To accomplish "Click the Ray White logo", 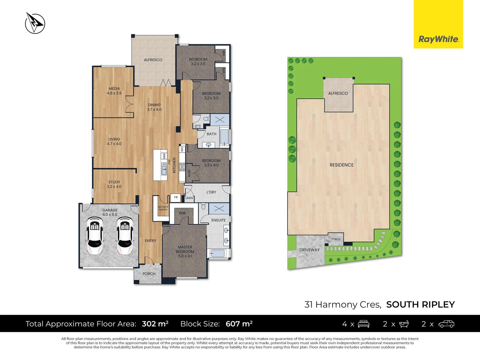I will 438,39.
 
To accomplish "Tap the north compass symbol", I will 35,23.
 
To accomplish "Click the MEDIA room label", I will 114,89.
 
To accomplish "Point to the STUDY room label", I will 114,182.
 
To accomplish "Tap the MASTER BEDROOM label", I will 185,249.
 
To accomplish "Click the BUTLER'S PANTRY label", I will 163,208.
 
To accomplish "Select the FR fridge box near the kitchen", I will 176,197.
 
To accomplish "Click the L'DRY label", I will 211,192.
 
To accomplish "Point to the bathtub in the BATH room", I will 224,137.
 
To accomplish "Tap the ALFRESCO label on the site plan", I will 338,93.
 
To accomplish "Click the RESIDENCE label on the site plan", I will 341,165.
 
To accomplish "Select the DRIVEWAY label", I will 309,250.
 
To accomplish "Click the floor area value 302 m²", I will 155,324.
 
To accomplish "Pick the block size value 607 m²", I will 239,324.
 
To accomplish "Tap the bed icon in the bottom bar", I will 363,324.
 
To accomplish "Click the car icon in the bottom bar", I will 446,324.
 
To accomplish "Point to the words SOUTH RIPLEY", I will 420,305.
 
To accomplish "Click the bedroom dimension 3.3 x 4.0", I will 211,165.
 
